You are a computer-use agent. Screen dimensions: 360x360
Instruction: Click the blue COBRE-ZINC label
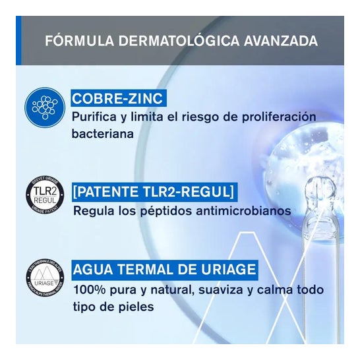click(117, 99)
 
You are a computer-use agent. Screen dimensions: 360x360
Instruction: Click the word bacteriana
click(104, 133)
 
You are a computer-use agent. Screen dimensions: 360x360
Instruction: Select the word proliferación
click(259, 117)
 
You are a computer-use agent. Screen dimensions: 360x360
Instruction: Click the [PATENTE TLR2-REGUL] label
click(154, 193)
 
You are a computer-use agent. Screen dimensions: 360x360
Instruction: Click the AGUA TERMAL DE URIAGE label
click(165, 270)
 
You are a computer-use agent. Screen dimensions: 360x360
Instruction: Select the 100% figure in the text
click(88, 289)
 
